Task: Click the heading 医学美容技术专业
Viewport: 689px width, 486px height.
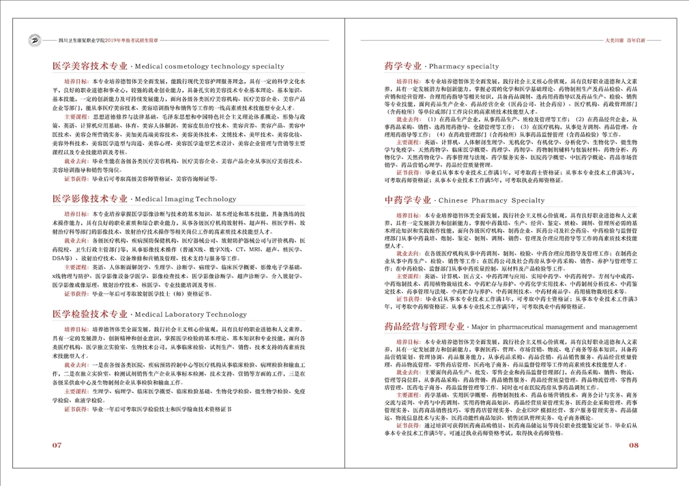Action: click(89, 66)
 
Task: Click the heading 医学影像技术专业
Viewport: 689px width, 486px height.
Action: click(89, 200)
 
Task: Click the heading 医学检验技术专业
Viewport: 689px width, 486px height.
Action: click(89, 314)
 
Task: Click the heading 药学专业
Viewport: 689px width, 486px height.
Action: click(402, 66)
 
